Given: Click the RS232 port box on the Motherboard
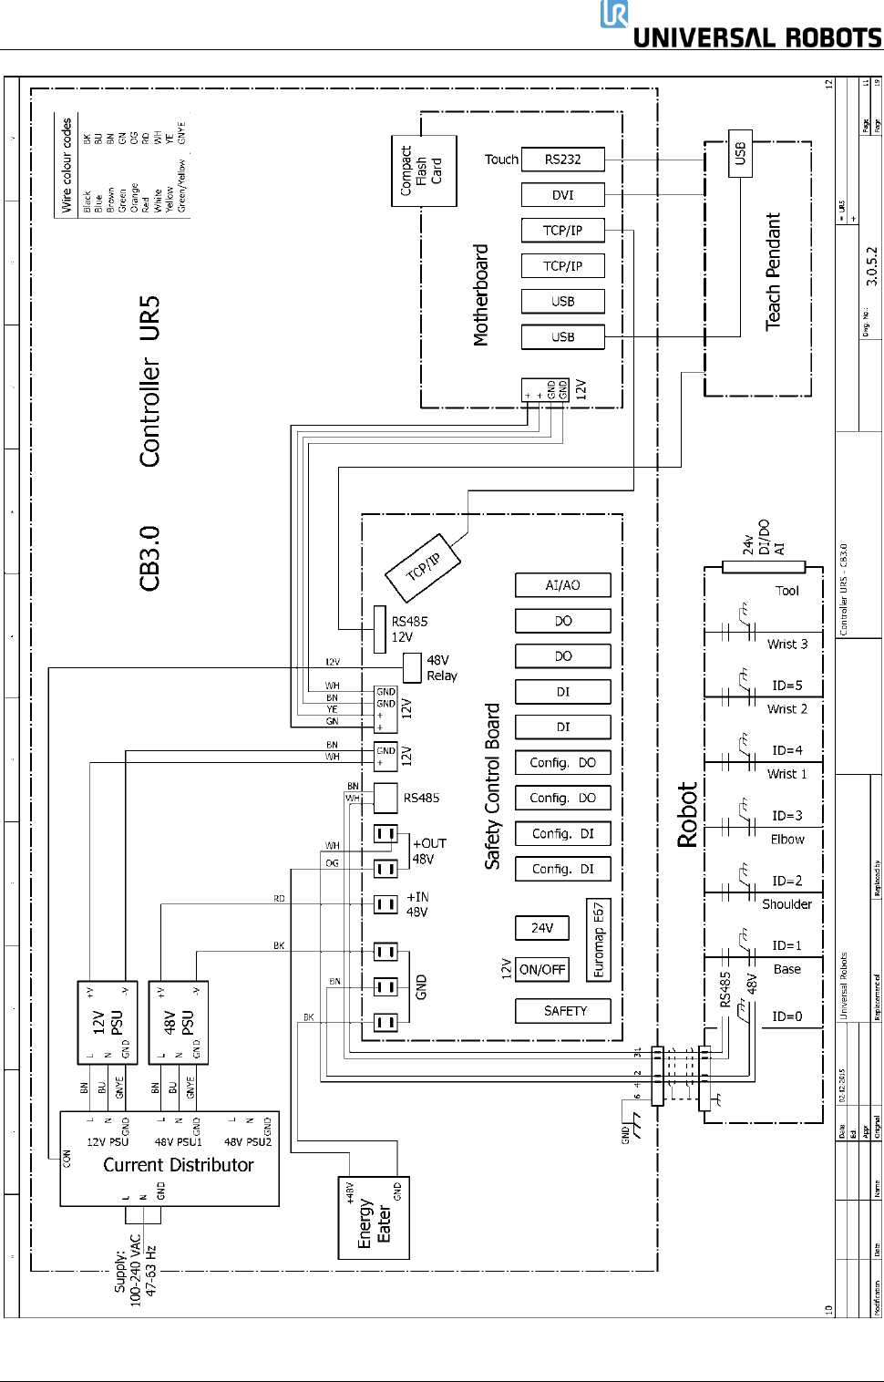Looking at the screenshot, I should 562,160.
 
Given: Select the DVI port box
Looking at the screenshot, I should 562,195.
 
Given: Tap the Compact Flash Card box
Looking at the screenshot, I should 423,171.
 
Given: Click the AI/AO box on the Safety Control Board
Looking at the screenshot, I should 562,585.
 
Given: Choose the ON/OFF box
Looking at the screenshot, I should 542,970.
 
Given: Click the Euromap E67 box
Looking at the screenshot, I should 598,940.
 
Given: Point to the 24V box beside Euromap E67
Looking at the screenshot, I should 542,928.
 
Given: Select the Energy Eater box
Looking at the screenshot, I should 374,1219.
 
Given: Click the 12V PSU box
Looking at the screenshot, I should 108,1022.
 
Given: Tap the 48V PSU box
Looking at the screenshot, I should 179,1022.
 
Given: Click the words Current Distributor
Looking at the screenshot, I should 179,1165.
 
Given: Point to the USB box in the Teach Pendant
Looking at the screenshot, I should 740,153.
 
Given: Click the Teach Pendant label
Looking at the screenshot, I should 773,272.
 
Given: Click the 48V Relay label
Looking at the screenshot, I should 441,668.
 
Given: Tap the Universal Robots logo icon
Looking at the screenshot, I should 614,15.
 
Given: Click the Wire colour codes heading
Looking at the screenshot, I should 67,165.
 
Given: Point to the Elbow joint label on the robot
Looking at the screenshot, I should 787,840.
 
